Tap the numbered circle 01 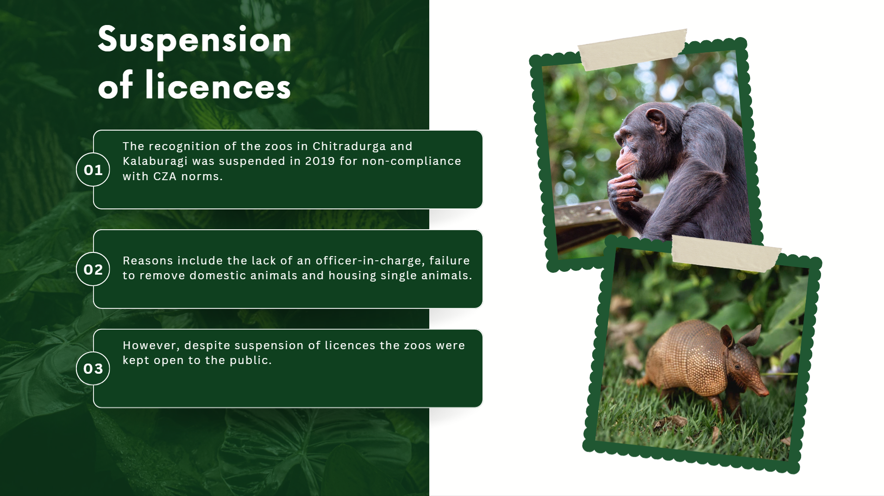pyautogui.click(x=93, y=170)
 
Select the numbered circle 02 pyautogui.click(x=93, y=269)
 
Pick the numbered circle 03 pyautogui.click(x=93, y=369)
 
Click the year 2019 pyautogui.click(x=320, y=161)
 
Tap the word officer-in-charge pyautogui.click(x=370, y=261)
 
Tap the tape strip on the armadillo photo pyautogui.click(x=726, y=254)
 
